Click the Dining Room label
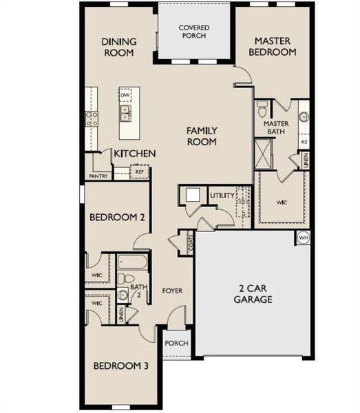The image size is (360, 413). tap(120, 47)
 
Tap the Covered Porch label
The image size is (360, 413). tap(194, 32)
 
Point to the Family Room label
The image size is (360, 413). tap(202, 136)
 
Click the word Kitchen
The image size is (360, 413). tap(134, 153)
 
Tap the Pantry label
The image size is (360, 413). tap(98, 176)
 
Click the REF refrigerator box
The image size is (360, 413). tap(140, 172)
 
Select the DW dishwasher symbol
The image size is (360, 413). tap(125, 96)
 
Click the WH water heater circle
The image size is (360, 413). tap(304, 238)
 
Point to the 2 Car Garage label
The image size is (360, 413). tap(252, 293)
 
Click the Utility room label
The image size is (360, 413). tap(222, 196)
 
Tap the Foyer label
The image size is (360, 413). tap(172, 290)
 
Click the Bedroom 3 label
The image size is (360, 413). tap(121, 366)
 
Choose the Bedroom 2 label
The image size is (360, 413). tap(117, 217)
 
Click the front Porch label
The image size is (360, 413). tap(175, 343)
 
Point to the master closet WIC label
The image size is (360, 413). tap(281, 202)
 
